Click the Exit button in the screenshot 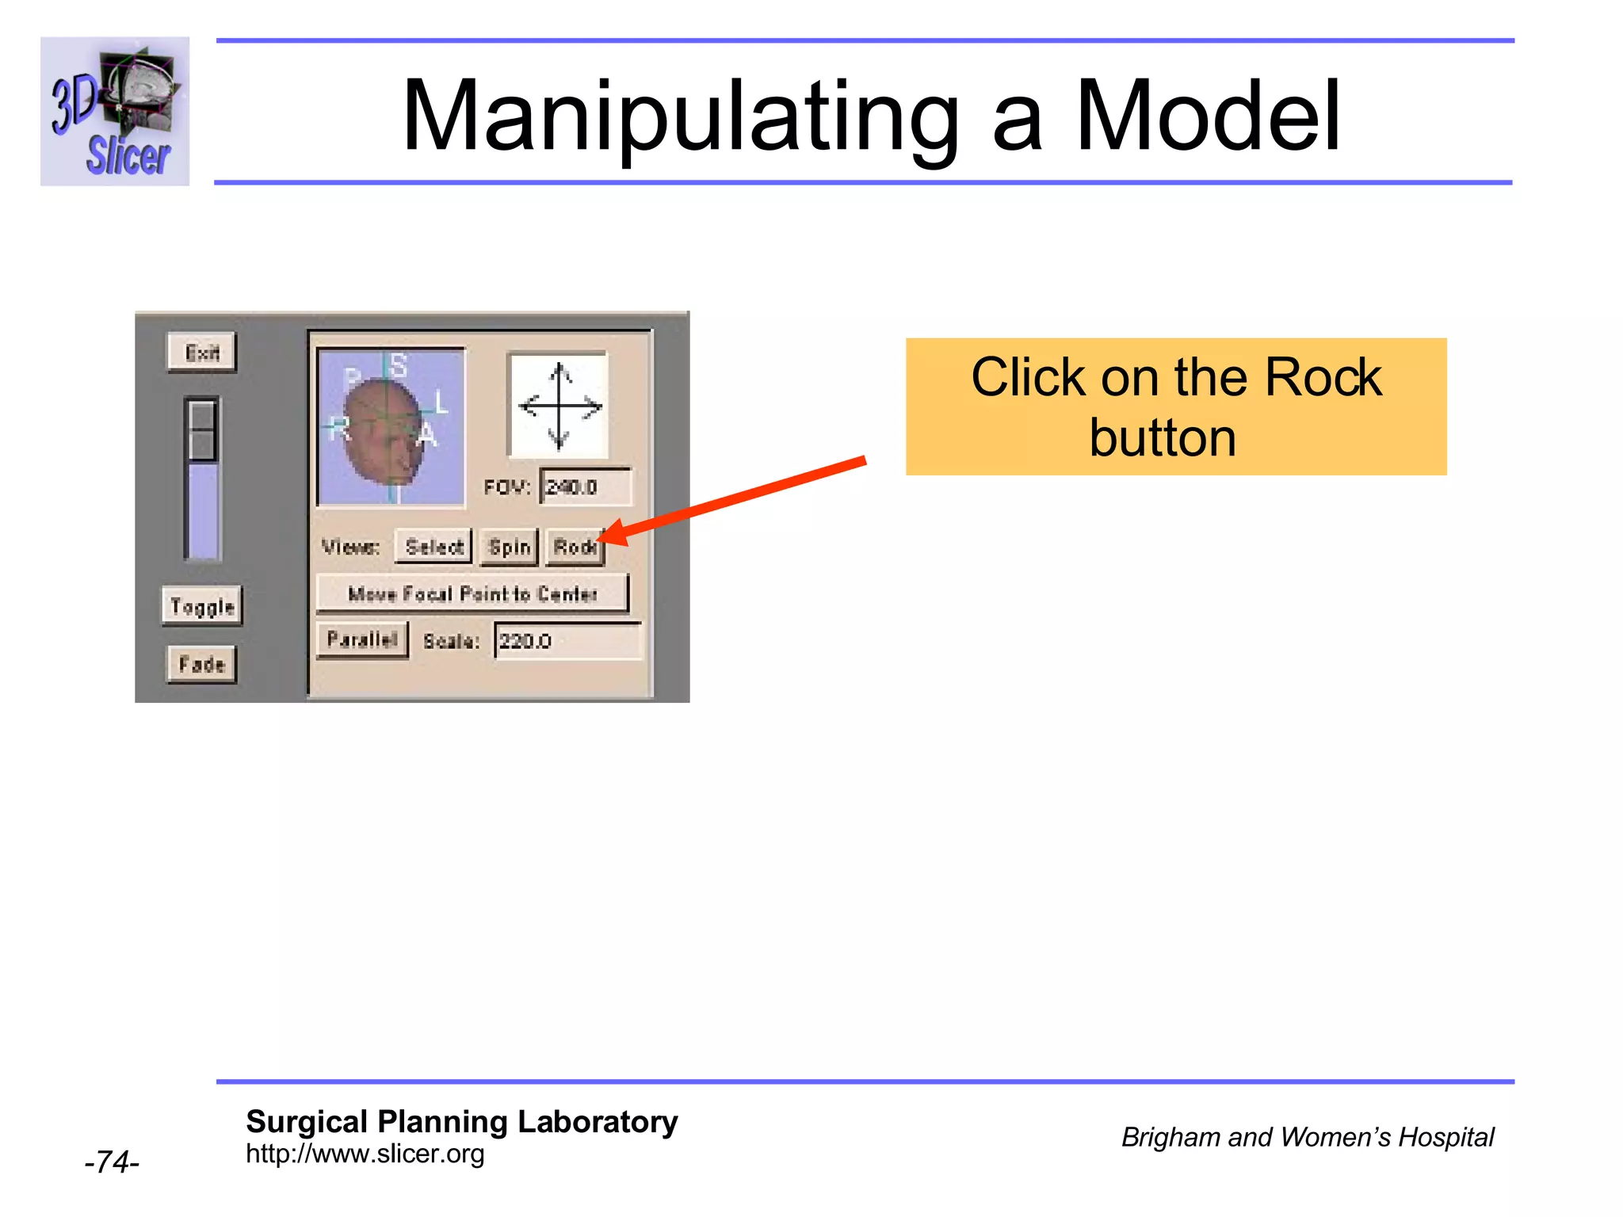tap(201, 352)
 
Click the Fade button tap(201, 664)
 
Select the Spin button tap(509, 547)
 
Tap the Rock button tap(574, 547)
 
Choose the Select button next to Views tap(433, 547)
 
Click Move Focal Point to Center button tap(472, 593)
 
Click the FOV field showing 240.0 tap(586, 486)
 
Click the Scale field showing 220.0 tap(567, 640)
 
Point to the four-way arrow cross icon tap(559, 406)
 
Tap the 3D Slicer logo tap(115, 111)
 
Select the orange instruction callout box tap(1175, 406)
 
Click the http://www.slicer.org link tap(365, 1154)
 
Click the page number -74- tap(112, 1162)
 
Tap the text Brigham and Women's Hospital tap(1307, 1137)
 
